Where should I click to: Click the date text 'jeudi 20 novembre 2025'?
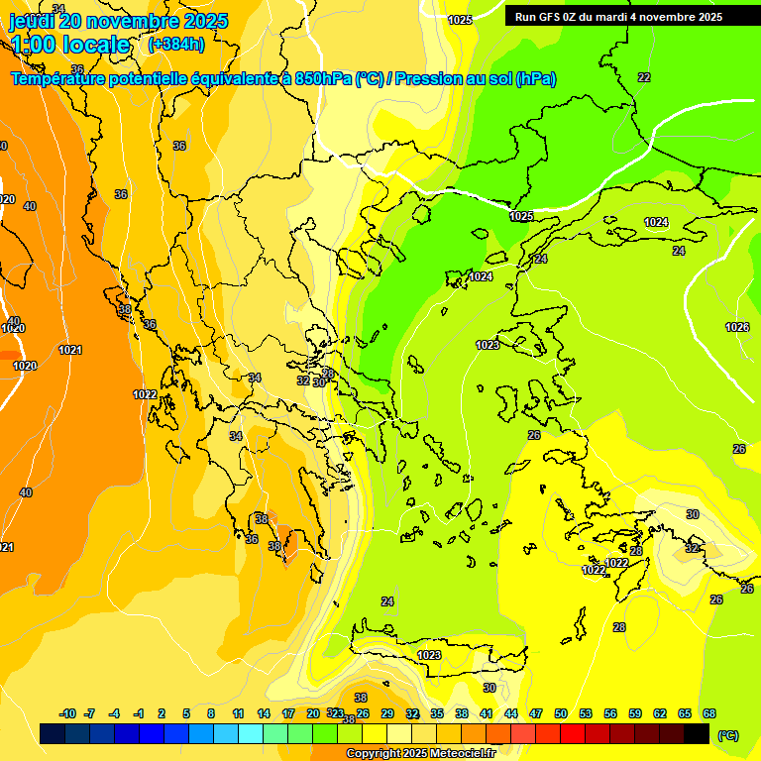(118, 21)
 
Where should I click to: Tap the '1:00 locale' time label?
(70, 45)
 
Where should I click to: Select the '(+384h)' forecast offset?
(176, 45)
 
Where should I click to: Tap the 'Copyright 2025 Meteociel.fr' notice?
(421, 754)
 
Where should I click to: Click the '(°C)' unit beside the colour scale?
(727, 735)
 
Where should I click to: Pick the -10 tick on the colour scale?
(67, 713)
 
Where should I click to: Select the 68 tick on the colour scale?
(709, 713)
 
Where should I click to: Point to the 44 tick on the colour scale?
(511, 713)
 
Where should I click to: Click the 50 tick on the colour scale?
(561, 713)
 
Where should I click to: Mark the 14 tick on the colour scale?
(264, 713)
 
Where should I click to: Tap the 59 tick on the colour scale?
(635, 713)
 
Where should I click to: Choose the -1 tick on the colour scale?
(139, 713)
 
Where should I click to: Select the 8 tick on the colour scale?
(211, 713)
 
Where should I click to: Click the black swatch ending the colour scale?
(697, 734)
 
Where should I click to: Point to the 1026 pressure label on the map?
(737, 327)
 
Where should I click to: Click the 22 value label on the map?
(644, 77)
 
